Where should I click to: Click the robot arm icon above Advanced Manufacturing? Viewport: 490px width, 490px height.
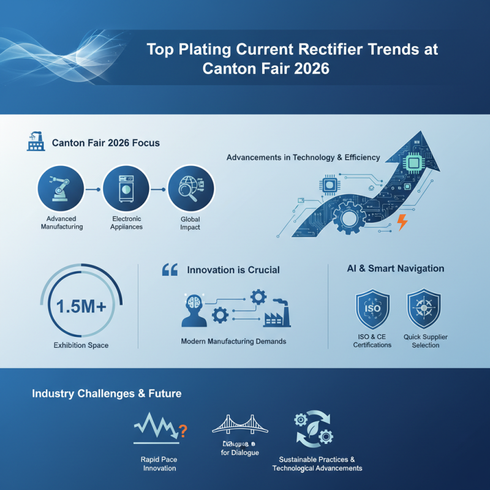click(59, 189)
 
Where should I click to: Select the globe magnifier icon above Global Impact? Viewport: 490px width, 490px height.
click(190, 189)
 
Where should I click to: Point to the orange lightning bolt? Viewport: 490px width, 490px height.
click(402, 222)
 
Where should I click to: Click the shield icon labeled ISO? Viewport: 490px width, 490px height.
click(372, 307)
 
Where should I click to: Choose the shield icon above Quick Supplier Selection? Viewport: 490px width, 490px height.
click(424, 307)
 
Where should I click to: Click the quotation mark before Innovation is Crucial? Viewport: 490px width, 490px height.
click(170, 269)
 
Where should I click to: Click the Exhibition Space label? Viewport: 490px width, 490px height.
click(81, 345)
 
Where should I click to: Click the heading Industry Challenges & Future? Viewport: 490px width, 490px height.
click(107, 393)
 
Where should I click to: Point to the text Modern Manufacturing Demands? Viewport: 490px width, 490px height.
click(233, 341)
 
